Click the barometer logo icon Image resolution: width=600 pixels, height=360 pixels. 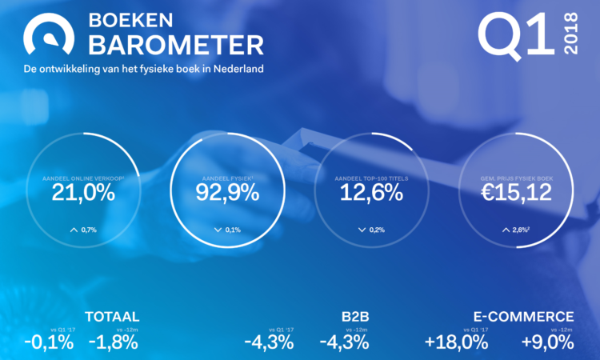click(50, 34)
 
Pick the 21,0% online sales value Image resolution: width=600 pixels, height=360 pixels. click(86, 192)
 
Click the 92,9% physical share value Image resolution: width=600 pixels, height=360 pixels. click(227, 192)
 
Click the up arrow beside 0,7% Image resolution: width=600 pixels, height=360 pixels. click(74, 230)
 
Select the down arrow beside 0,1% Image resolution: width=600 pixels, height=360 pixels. click(218, 230)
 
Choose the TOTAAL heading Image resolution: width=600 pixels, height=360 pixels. click(112, 317)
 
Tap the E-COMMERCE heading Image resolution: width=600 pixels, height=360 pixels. click(522, 317)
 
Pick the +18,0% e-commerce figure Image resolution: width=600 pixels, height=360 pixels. click(456, 342)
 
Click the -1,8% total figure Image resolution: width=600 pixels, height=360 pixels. click(114, 342)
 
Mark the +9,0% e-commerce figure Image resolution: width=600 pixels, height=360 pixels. click(547, 342)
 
